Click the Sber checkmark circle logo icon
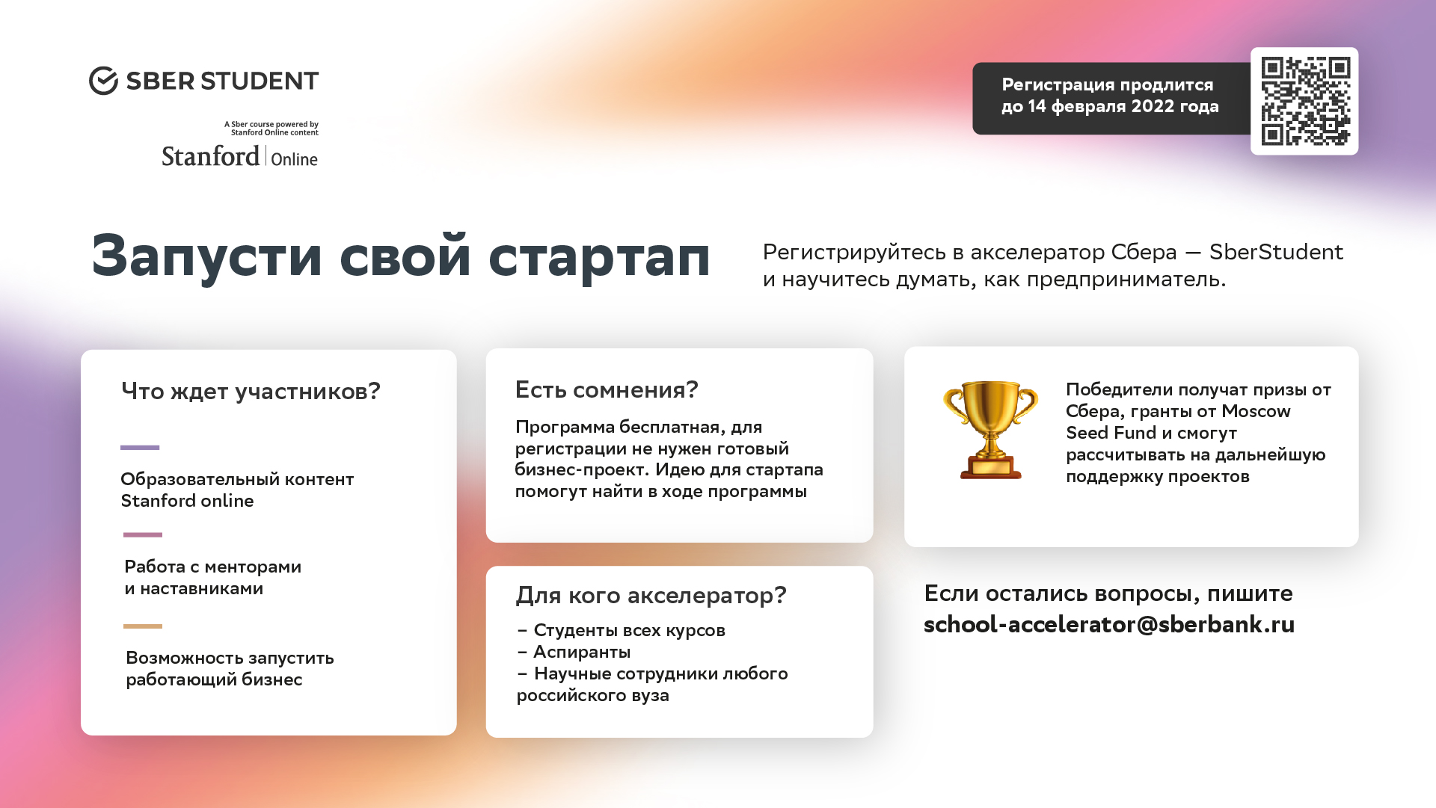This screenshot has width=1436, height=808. coord(103,81)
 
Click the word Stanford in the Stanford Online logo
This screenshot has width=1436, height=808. coord(211,156)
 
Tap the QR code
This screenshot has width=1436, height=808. coord(1305,101)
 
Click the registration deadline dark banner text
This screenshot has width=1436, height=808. coord(1110,96)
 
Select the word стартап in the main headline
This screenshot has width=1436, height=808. coord(599,256)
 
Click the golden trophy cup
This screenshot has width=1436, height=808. coord(990,429)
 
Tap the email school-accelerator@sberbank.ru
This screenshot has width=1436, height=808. coord(1109,624)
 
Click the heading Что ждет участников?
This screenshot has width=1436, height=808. coord(251,391)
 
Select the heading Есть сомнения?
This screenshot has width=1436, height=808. coord(607,389)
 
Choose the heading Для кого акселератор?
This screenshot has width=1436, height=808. coord(651,595)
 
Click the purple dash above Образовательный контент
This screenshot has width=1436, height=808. coord(140,448)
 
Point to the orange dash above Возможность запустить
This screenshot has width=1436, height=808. coord(143,626)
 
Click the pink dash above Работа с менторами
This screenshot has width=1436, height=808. coord(143,535)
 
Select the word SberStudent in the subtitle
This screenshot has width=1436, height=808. coord(1276,252)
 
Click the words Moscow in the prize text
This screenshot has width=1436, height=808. coord(1256,411)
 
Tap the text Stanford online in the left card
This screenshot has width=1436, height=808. coord(187,501)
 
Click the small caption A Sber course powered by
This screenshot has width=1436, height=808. coord(271,124)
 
